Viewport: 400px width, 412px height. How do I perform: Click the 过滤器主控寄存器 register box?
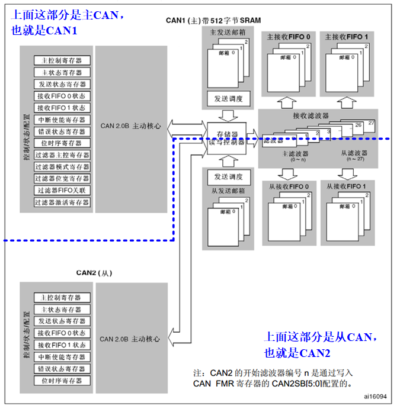62,155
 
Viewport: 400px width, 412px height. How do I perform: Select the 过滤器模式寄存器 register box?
62,167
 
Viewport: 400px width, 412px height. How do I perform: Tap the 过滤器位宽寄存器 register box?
62,179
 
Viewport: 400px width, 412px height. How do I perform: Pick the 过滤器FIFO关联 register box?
62,191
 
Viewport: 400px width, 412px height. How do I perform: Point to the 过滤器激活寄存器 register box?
62,202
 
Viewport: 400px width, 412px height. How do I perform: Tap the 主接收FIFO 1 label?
347,37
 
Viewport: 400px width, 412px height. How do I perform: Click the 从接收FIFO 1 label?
347,187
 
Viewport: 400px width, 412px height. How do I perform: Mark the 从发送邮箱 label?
228,191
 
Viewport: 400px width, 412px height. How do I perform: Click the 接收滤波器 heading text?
311,116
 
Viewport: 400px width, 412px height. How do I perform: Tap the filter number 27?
372,123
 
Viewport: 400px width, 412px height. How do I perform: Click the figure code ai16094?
376,395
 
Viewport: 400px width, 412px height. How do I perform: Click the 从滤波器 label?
354,153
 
